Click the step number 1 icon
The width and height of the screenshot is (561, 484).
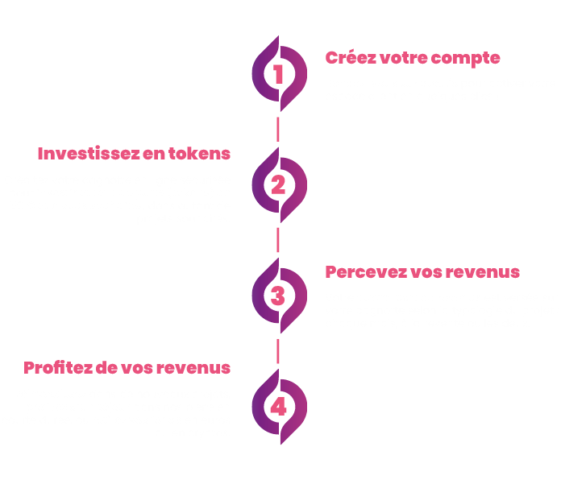coord(279,74)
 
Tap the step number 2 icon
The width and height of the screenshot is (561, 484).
coord(279,185)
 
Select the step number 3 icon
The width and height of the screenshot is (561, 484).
coord(279,296)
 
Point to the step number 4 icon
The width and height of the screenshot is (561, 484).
coord(279,407)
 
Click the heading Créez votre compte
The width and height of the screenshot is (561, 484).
coord(413,58)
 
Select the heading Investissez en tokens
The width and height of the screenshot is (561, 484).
coord(134,153)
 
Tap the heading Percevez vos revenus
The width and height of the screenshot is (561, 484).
coord(422,271)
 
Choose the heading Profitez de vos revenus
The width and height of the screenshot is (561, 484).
coord(127,368)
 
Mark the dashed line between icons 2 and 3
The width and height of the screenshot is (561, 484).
coord(279,239)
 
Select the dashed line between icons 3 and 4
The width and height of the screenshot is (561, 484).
coord(279,350)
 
